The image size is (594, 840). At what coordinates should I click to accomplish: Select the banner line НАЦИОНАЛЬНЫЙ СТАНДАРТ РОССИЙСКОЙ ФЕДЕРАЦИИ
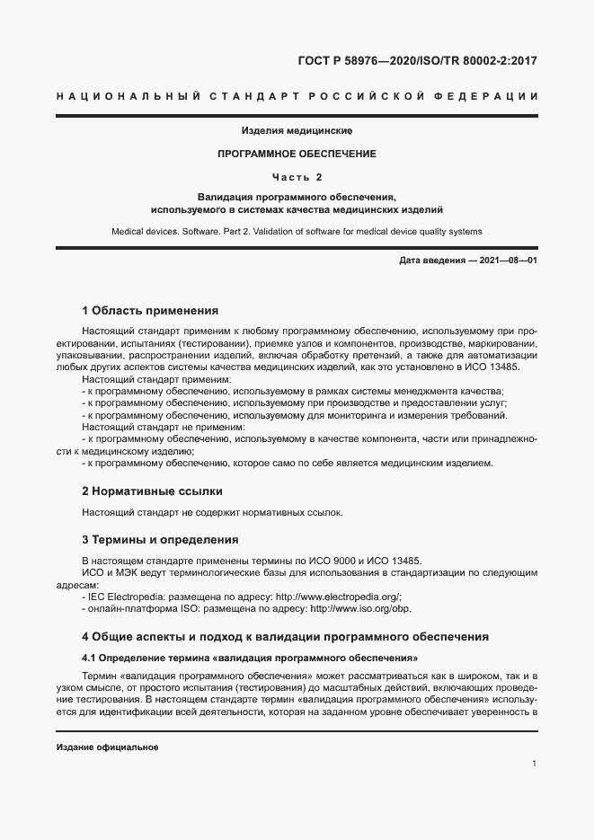297,96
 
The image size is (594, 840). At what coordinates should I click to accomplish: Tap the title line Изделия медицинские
297,131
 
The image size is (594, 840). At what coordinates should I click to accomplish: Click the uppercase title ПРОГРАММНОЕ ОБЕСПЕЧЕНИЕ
297,154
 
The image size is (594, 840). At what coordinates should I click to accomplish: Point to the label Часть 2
297,176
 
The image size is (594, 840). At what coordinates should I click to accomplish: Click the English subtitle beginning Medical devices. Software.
297,231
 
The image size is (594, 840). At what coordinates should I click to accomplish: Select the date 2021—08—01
508,261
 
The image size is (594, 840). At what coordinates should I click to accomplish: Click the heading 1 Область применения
150,311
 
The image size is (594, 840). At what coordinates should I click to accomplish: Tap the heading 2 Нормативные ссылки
152,491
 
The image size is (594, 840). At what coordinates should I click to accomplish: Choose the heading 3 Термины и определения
159,540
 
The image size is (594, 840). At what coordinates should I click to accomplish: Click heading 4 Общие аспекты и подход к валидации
285,637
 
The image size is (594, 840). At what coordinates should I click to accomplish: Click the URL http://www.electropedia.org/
337,597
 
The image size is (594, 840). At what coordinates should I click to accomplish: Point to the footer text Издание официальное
107,747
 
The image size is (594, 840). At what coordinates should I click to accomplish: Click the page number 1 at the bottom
534,764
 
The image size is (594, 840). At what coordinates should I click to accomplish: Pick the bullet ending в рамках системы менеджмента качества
293,391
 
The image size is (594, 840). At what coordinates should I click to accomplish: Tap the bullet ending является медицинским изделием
288,464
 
